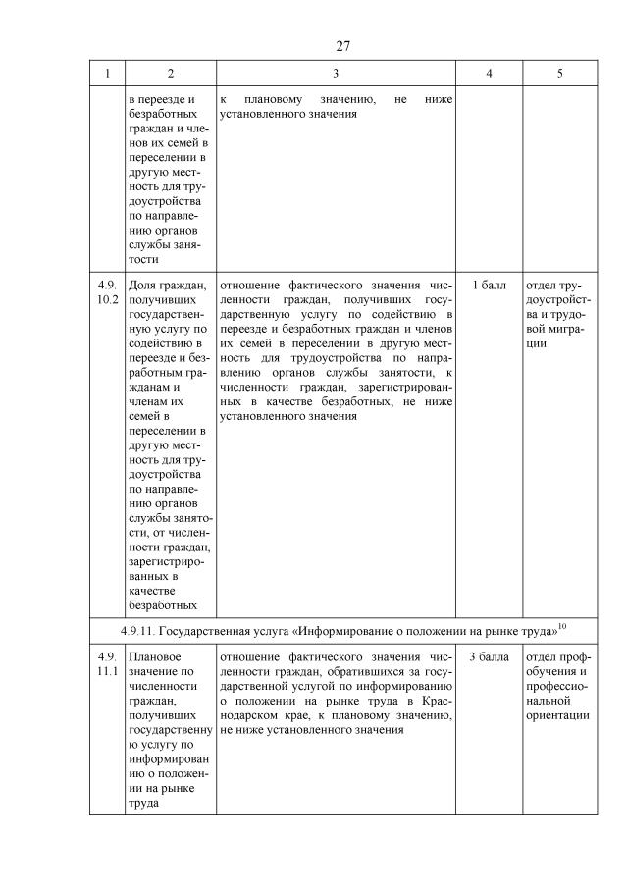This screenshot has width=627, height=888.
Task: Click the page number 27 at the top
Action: pyautogui.click(x=342, y=45)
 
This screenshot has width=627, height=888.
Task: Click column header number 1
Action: pyautogui.click(x=107, y=74)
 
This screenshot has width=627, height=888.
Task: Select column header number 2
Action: pyautogui.click(x=170, y=74)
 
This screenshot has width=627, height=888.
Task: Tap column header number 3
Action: pyautogui.click(x=336, y=74)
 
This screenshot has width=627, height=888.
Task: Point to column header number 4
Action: pyautogui.click(x=489, y=74)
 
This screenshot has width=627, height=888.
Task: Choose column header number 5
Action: pyautogui.click(x=559, y=74)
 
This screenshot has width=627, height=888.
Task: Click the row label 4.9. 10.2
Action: pyautogui.click(x=107, y=292)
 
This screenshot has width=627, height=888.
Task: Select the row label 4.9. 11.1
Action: pyautogui.click(x=107, y=664)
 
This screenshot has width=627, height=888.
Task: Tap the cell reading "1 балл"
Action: pyautogui.click(x=489, y=286)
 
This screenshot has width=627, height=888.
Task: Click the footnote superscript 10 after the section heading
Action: pyautogui.click(x=562, y=624)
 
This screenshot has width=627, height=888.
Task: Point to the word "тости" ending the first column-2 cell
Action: pyautogui.click(x=143, y=260)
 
